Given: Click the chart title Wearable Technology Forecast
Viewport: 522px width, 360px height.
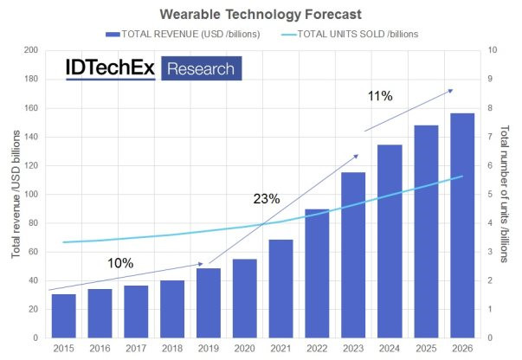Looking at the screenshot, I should (x=261, y=14).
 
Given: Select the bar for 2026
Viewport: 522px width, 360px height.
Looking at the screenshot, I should (x=461, y=225).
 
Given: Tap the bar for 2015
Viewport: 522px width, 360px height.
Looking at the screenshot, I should (x=63, y=316).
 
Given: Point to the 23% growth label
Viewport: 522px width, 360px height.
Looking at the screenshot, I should (x=267, y=199).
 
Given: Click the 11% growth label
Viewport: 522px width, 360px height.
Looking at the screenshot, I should (x=380, y=96).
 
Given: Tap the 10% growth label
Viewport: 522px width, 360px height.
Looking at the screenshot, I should (x=120, y=262).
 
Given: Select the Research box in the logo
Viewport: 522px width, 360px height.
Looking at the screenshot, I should (x=201, y=68).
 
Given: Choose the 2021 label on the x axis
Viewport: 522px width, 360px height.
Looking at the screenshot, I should (x=280, y=348).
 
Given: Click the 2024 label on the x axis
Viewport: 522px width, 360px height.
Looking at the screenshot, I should (x=389, y=348).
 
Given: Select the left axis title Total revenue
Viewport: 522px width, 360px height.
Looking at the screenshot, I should (x=15, y=194).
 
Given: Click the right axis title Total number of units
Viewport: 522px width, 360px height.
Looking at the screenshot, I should (x=508, y=194).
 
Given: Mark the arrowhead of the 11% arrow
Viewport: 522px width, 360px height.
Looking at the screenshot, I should (x=450, y=90).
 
